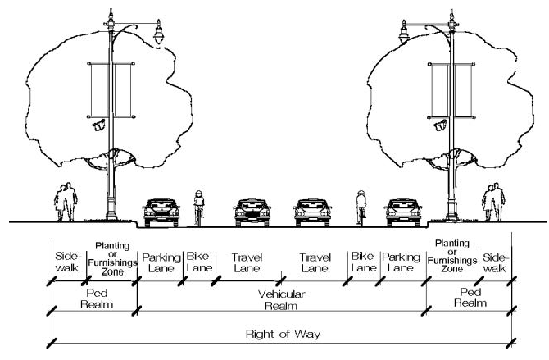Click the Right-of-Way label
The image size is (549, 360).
click(x=281, y=334)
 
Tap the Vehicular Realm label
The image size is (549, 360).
click(x=281, y=298)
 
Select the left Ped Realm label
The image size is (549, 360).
click(x=93, y=298)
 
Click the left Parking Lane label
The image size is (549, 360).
click(x=161, y=262)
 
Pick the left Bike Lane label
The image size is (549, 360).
click(x=199, y=262)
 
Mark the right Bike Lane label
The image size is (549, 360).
click(x=363, y=262)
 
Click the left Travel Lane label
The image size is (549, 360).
click(x=246, y=262)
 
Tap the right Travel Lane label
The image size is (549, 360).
click(x=315, y=262)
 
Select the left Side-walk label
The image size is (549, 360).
click(x=66, y=262)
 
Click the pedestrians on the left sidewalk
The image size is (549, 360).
click(x=66, y=201)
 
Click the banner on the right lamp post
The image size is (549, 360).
click(x=445, y=89)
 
